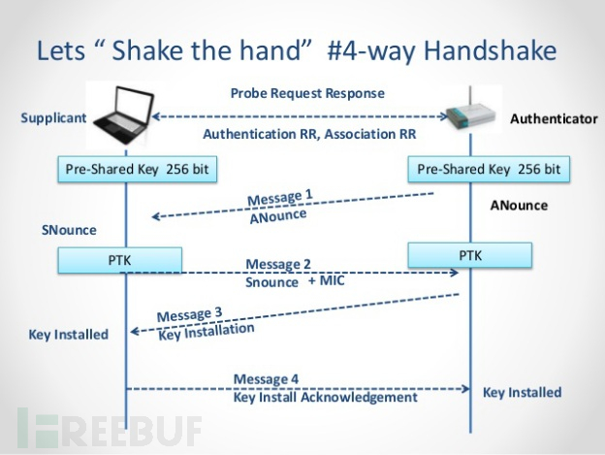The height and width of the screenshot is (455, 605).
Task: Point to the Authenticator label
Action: click(553, 119)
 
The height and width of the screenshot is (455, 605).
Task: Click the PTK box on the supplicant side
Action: click(120, 260)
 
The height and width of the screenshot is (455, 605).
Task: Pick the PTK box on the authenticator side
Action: click(469, 255)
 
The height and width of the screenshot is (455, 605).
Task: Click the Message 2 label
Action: click(278, 264)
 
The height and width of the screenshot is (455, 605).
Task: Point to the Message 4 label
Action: click(266, 378)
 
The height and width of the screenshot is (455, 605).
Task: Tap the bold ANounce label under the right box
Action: click(519, 206)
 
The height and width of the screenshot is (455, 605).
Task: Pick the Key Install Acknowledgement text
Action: click(326, 397)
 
